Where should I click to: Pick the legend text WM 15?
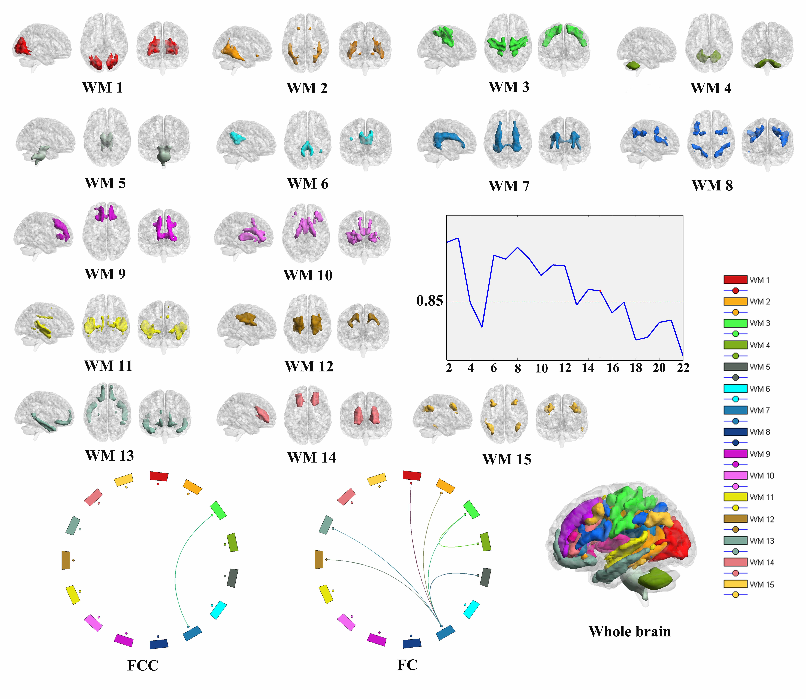click(762, 584)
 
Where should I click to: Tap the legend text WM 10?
click(762, 476)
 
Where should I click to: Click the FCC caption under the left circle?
click(143, 665)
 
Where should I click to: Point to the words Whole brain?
click(630, 631)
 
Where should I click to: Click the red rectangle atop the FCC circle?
click(159, 476)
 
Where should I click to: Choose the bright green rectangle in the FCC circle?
click(218, 510)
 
